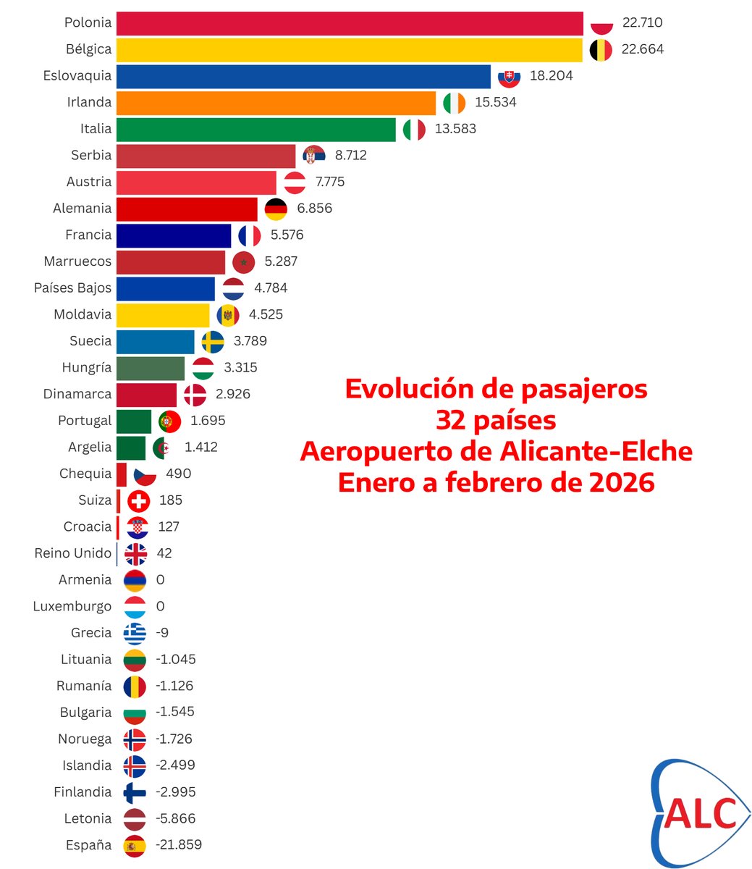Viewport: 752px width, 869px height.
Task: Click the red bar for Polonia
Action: pyautogui.click(x=350, y=23)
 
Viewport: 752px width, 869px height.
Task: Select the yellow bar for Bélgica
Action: pyautogui.click(x=349, y=50)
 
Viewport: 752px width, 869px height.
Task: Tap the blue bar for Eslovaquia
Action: pyautogui.click(x=303, y=76)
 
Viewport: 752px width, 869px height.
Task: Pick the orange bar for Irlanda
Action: pyautogui.click(x=276, y=103)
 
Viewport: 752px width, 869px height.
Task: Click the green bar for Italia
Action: pyautogui.click(x=255, y=130)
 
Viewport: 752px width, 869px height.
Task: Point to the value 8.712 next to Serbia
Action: pyautogui.click(x=350, y=155)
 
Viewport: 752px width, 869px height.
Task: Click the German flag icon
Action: pyautogui.click(x=276, y=209)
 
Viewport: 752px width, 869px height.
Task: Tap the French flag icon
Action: pyautogui.click(x=249, y=235)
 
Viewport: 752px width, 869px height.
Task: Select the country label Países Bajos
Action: pyautogui.click(x=73, y=288)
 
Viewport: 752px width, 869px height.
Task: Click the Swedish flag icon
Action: pyautogui.click(x=212, y=341)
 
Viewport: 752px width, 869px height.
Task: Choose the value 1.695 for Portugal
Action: pyautogui.click(x=207, y=421)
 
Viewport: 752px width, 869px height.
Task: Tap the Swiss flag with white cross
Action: pyautogui.click(x=138, y=500)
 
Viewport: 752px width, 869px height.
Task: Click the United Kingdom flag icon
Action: pyautogui.click(x=135, y=554)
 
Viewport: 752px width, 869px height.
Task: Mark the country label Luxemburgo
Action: pyautogui.click(x=72, y=607)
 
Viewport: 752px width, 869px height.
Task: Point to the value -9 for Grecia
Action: pyautogui.click(x=162, y=633)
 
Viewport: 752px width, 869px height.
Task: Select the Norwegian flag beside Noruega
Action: pyautogui.click(x=135, y=739)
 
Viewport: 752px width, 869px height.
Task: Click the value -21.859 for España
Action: pyautogui.click(x=178, y=845)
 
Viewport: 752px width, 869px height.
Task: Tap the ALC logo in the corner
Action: pyautogui.click(x=698, y=813)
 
